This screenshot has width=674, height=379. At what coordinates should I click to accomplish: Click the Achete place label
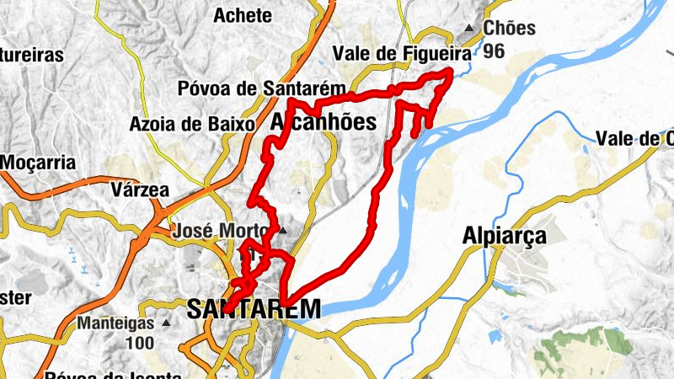point(243,15)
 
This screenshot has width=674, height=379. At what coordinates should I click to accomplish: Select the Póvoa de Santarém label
point(263,88)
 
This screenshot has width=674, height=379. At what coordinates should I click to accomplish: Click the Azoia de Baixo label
point(192,124)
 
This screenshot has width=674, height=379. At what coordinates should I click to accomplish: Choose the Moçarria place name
point(39,162)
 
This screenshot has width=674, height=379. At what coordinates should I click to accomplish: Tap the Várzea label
point(140,189)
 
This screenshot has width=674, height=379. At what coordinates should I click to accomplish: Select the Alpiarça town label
point(505,237)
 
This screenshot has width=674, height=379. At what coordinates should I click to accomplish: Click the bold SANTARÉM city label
point(254,309)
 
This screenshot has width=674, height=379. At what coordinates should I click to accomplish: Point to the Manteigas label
point(115,323)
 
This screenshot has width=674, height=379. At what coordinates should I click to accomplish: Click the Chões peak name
point(510,28)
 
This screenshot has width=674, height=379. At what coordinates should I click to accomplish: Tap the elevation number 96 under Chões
point(494,51)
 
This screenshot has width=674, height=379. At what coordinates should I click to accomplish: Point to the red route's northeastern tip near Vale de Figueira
point(451,73)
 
